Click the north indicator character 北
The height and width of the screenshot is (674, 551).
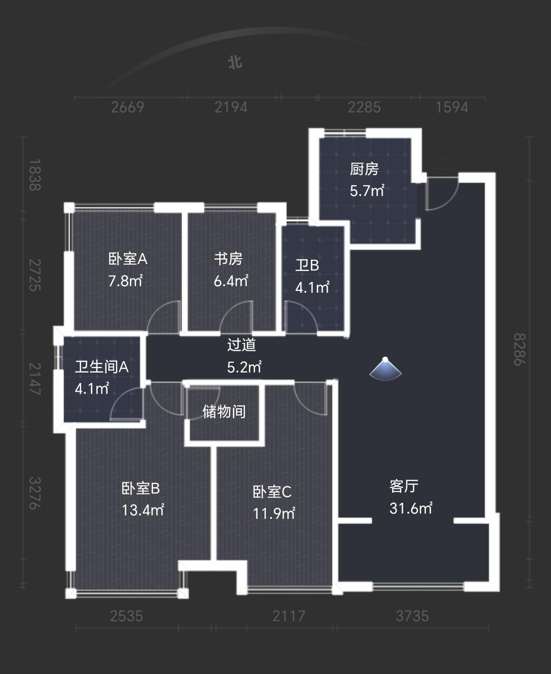point(235,62)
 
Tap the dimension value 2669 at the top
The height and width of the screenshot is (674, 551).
point(127,107)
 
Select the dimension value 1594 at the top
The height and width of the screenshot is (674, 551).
point(452,107)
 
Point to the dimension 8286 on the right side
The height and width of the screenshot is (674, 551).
point(519,349)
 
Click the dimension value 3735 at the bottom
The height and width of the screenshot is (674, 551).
point(412,616)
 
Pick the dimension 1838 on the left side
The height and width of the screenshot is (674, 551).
point(34,175)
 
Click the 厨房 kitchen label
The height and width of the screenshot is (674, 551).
point(364,169)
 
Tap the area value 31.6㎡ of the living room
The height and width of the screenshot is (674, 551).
point(410,509)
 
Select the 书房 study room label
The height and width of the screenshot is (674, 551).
point(228,258)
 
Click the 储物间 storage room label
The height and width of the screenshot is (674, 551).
point(224,412)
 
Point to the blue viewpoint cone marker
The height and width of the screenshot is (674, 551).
point(385,370)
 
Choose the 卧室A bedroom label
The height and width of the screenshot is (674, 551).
point(127,258)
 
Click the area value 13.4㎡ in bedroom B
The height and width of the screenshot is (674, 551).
point(143,511)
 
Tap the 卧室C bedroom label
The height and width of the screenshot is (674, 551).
point(272,491)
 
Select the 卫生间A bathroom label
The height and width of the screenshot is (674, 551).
point(101,367)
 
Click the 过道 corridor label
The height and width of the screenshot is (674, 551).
point(241,345)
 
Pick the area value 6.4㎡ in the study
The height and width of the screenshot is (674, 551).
point(231,281)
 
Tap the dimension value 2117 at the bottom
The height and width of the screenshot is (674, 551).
point(288,616)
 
